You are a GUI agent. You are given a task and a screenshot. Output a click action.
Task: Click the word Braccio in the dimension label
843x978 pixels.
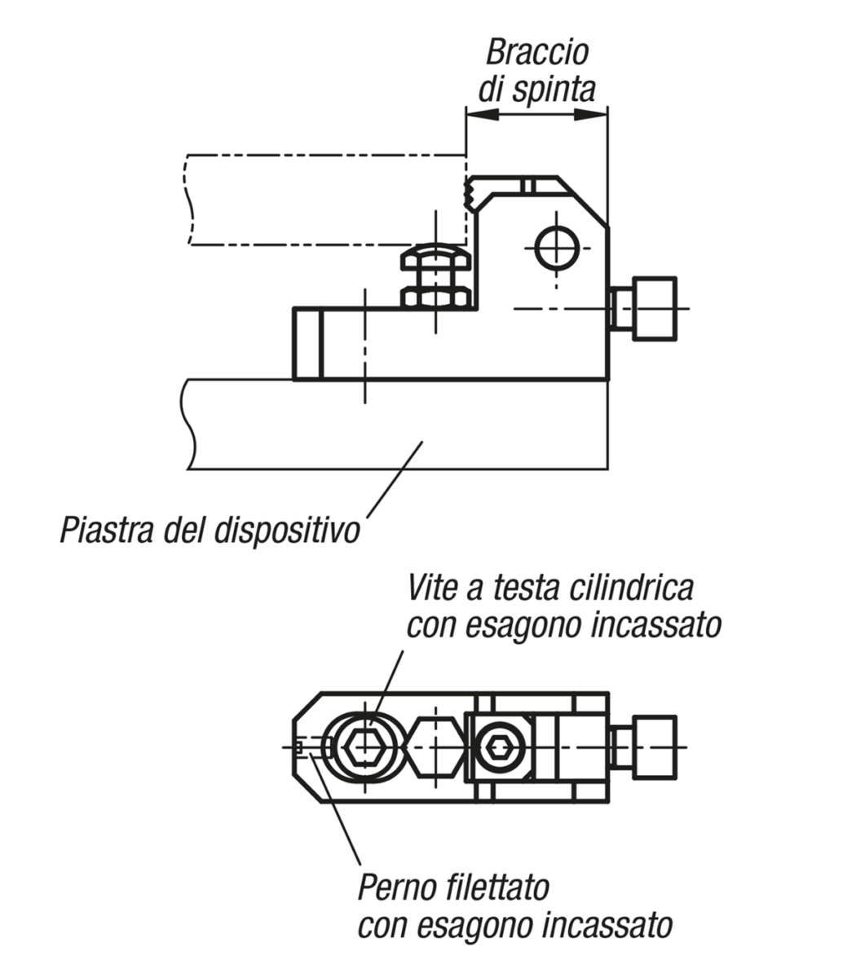point(536,53)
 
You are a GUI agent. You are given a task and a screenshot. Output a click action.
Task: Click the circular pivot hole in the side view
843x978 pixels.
point(557,248)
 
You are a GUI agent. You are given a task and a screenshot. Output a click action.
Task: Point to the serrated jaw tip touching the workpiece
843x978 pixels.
point(471,192)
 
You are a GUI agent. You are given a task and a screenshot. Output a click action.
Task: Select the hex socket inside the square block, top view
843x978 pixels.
point(497,746)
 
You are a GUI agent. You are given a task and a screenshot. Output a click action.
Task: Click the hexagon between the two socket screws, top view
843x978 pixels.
point(435,746)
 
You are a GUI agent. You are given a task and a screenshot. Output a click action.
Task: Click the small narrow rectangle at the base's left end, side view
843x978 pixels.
point(308,343)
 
